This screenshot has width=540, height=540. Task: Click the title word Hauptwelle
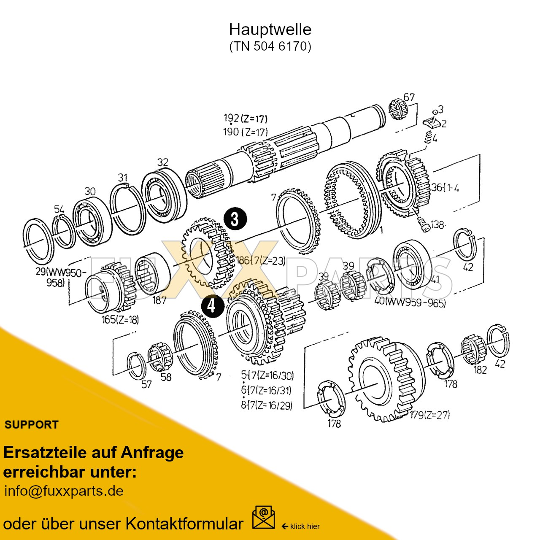[x=270, y=30]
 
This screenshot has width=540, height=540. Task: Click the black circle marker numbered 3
[x=235, y=219]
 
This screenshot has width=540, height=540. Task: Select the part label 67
[x=409, y=97]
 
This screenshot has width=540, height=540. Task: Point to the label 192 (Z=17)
[x=245, y=119]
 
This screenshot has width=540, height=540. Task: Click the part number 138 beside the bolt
[x=437, y=224]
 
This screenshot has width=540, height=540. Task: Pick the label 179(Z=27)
[x=429, y=415]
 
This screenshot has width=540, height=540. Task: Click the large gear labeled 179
[x=382, y=380]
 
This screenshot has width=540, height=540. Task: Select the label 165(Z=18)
[x=120, y=320]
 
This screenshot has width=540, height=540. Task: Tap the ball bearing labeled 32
[x=162, y=195]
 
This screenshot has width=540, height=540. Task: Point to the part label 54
[x=59, y=209]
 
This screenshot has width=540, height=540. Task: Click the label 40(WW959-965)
[x=410, y=302]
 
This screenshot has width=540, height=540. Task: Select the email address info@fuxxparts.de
[x=64, y=491]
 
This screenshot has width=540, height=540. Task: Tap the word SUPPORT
[x=31, y=425]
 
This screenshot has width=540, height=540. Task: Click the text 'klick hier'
[x=305, y=526]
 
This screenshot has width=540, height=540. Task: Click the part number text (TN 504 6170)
[x=270, y=46]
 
